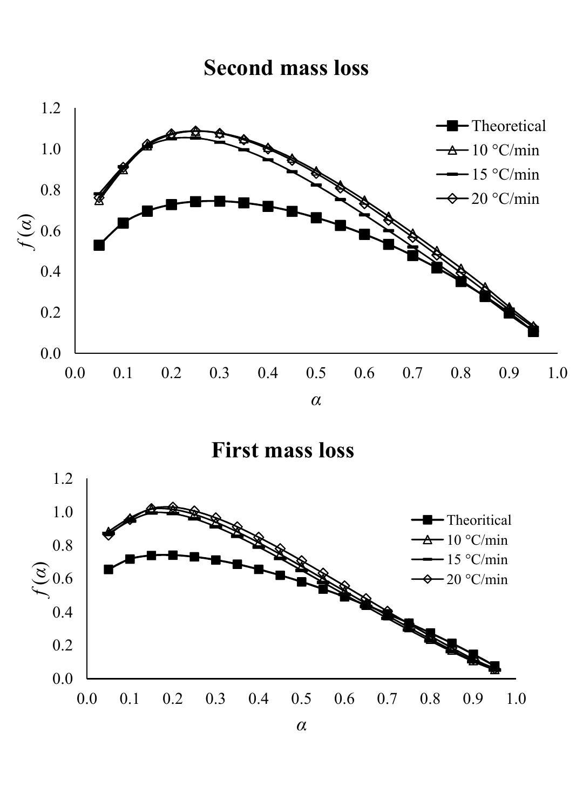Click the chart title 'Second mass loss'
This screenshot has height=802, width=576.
[x=286, y=68]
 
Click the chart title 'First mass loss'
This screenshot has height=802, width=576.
[x=282, y=450]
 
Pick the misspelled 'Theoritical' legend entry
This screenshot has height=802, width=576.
[x=478, y=520]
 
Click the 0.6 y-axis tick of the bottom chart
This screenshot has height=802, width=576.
[x=62, y=578]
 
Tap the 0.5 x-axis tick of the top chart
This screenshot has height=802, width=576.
[x=316, y=373]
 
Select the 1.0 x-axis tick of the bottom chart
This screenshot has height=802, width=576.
[x=516, y=698]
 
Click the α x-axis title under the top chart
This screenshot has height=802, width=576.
[x=316, y=400]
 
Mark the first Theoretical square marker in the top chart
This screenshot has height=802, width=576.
[x=99, y=245]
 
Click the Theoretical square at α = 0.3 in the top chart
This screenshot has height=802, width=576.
[x=219, y=201]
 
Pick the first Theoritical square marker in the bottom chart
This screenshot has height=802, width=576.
[x=109, y=569]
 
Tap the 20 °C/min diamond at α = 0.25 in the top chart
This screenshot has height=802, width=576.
[x=195, y=131]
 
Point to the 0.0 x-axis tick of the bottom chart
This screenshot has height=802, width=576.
[x=87, y=698]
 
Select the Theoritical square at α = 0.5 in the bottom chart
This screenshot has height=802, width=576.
[x=301, y=581]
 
